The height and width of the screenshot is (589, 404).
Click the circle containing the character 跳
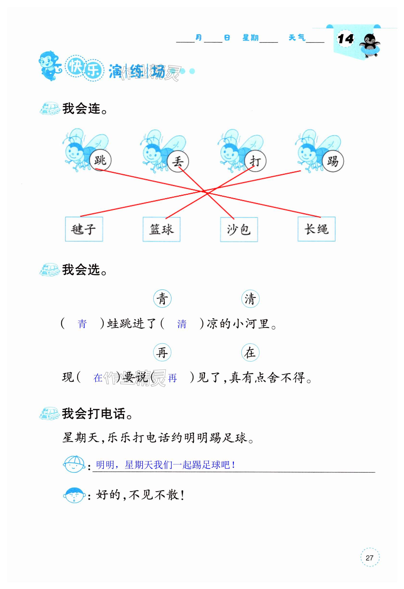(100, 160)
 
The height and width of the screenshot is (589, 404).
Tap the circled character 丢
(178, 161)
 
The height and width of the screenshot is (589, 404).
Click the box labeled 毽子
(84, 229)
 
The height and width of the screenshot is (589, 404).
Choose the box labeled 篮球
(161, 229)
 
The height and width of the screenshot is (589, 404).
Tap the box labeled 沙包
(239, 229)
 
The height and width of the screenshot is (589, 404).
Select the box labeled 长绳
(316, 229)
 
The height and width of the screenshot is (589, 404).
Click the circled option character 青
(162, 299)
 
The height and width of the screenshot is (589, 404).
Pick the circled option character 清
(250, 299)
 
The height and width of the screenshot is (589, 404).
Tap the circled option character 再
(162, 352)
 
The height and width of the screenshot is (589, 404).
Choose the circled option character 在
(250, 352)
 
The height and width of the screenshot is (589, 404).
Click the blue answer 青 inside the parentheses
(82, 324)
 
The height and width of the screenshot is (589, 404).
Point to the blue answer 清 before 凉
(182, 324)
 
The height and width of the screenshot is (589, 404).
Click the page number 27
(370, 557)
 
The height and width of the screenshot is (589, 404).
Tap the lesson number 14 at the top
(345, 39)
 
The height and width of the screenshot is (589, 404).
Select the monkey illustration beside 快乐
(49, 65)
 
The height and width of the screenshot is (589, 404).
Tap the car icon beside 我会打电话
(50, 414)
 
